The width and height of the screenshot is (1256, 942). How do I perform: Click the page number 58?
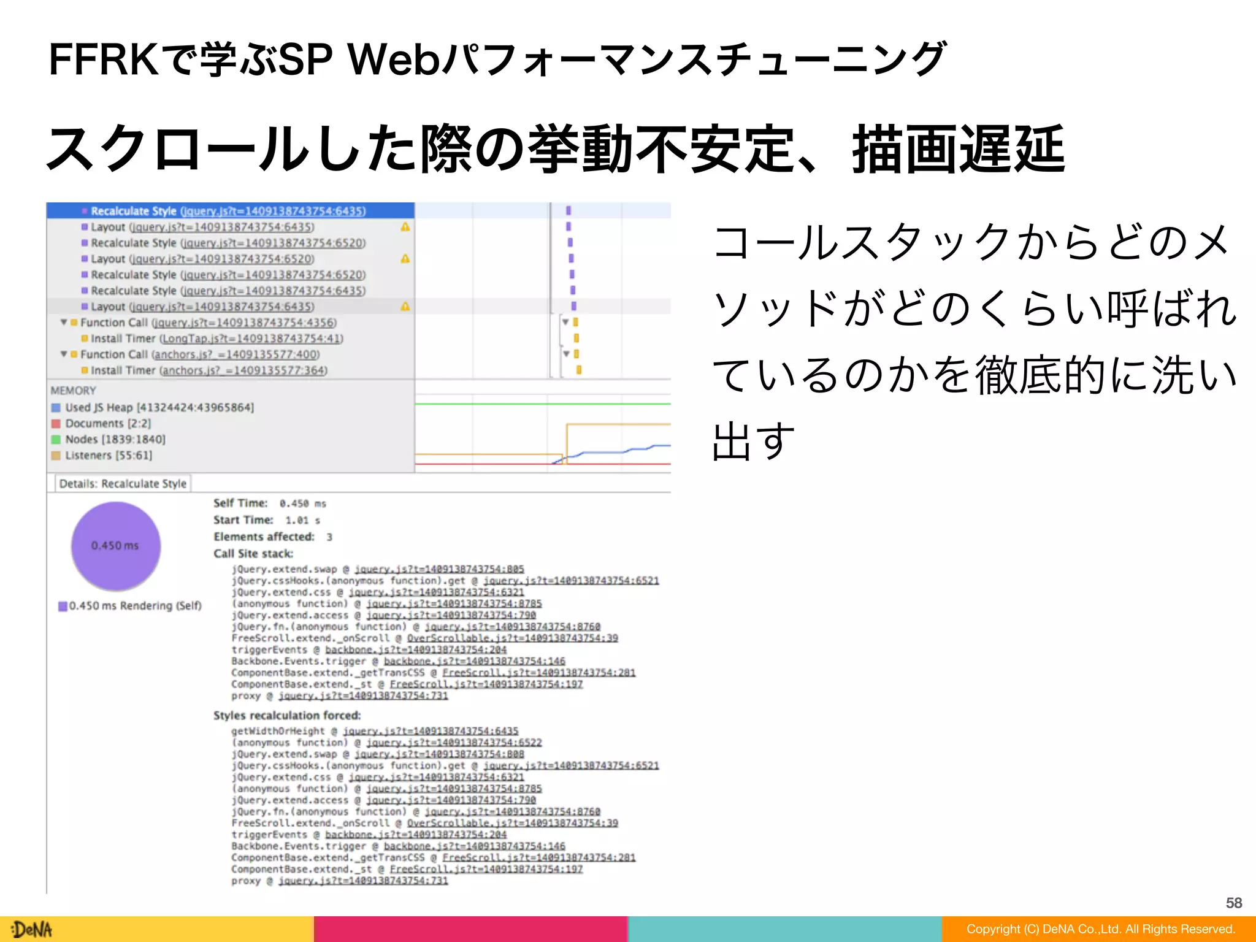point(1233,902)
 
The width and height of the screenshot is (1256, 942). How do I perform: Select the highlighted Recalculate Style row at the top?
point(228,211)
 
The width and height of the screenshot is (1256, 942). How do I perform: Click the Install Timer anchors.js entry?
point(209,370)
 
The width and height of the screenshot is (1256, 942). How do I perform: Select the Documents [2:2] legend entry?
point(107,423)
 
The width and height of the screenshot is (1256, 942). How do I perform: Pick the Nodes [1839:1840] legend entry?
point(115,439)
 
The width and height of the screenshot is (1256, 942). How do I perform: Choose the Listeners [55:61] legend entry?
point(108,455)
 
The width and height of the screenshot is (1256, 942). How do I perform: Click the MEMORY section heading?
point(73,391)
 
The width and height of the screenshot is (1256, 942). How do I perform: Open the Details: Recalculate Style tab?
point(123,483)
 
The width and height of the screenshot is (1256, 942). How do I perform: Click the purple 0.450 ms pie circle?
point(115,546)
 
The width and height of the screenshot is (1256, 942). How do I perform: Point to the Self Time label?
point(240,503)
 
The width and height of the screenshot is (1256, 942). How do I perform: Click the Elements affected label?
point(264,537)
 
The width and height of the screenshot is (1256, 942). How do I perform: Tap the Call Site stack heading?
point(253,553)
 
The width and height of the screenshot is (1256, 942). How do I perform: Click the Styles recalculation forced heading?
point(287,715)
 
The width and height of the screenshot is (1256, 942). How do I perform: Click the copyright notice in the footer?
point(1100,929)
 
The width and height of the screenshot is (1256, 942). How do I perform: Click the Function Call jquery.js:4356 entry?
point(208,323)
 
